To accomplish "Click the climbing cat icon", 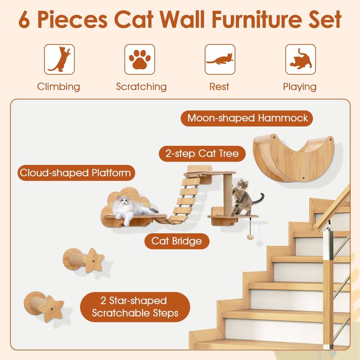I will click(x=59, y=59).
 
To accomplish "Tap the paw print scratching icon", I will click(x=140, y=59).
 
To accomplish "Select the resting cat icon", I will click(x=220, y=59).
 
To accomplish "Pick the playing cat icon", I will click(x=300, y=59).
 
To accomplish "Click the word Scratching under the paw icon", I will click(x=141, y=86).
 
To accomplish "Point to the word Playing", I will click(x=299, y=86).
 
